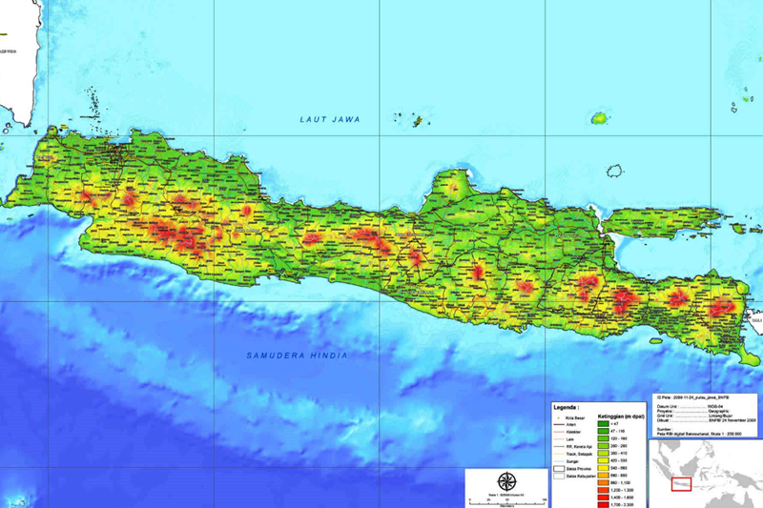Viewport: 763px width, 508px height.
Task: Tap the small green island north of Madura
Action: tap(599, 119)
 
